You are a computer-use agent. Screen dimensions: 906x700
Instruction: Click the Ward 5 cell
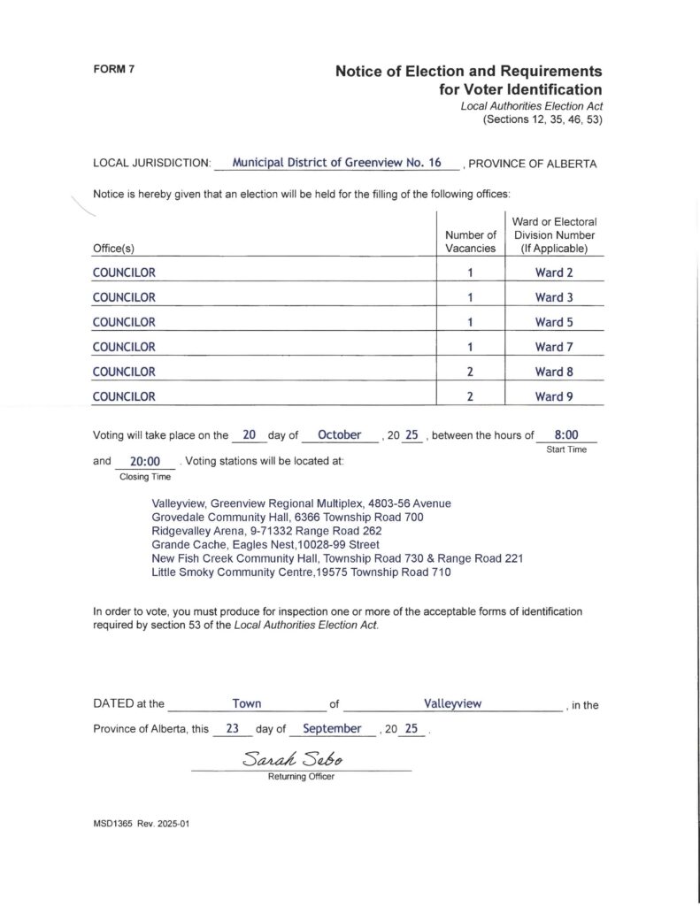tap(554, 322)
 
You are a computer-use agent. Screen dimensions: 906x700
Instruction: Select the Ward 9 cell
tap(554, 396)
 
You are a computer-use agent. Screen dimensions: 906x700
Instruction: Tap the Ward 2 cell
tap(554, 273)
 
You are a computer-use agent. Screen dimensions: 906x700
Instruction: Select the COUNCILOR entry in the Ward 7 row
tap(124, 347)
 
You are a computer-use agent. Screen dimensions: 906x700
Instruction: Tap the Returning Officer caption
tap(301, 777)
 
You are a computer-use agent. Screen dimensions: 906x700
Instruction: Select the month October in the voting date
tap(339, 435)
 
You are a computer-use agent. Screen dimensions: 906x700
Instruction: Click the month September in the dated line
tap(332, 729)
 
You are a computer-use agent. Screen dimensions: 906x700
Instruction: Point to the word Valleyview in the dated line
tap(452, 703)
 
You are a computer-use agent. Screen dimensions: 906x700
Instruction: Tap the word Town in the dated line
tap(246, 703)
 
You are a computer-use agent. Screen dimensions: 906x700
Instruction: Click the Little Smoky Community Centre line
tap(301, 572)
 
